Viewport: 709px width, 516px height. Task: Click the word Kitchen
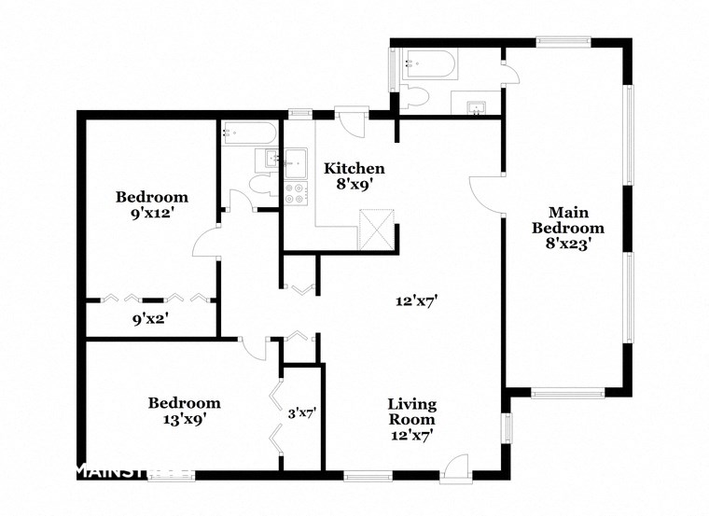pos(354,169)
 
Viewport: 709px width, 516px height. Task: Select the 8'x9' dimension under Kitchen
pos(354,185)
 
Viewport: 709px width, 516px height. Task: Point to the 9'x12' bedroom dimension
pos(151,213)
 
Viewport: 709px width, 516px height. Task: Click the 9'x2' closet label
pos(151,319)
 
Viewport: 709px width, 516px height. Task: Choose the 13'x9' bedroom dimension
pos(184,419)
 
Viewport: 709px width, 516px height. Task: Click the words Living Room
pos(411,411)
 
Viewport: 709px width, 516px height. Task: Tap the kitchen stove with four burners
pos(297,193)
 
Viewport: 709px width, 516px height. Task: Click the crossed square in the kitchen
pos(379,227)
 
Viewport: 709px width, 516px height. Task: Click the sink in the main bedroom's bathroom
pos(476,104)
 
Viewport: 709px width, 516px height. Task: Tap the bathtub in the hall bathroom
pos(249,132)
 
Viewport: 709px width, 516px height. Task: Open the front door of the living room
pos(454,467)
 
